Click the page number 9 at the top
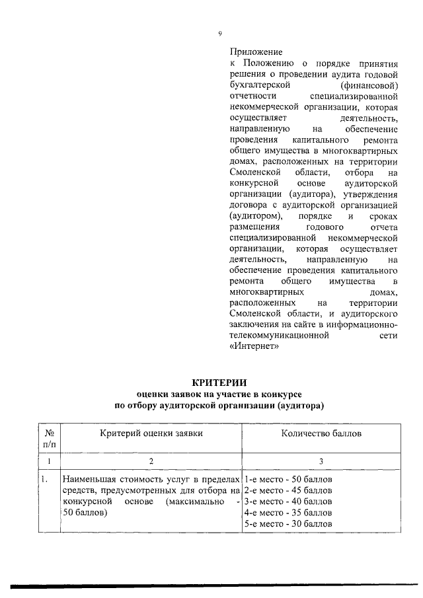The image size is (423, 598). pos(219,34)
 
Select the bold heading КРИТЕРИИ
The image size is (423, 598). pos(219,382)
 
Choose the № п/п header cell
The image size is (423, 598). pos(48,438)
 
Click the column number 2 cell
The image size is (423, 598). pos(151,460)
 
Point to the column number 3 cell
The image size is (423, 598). pos(321,460)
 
